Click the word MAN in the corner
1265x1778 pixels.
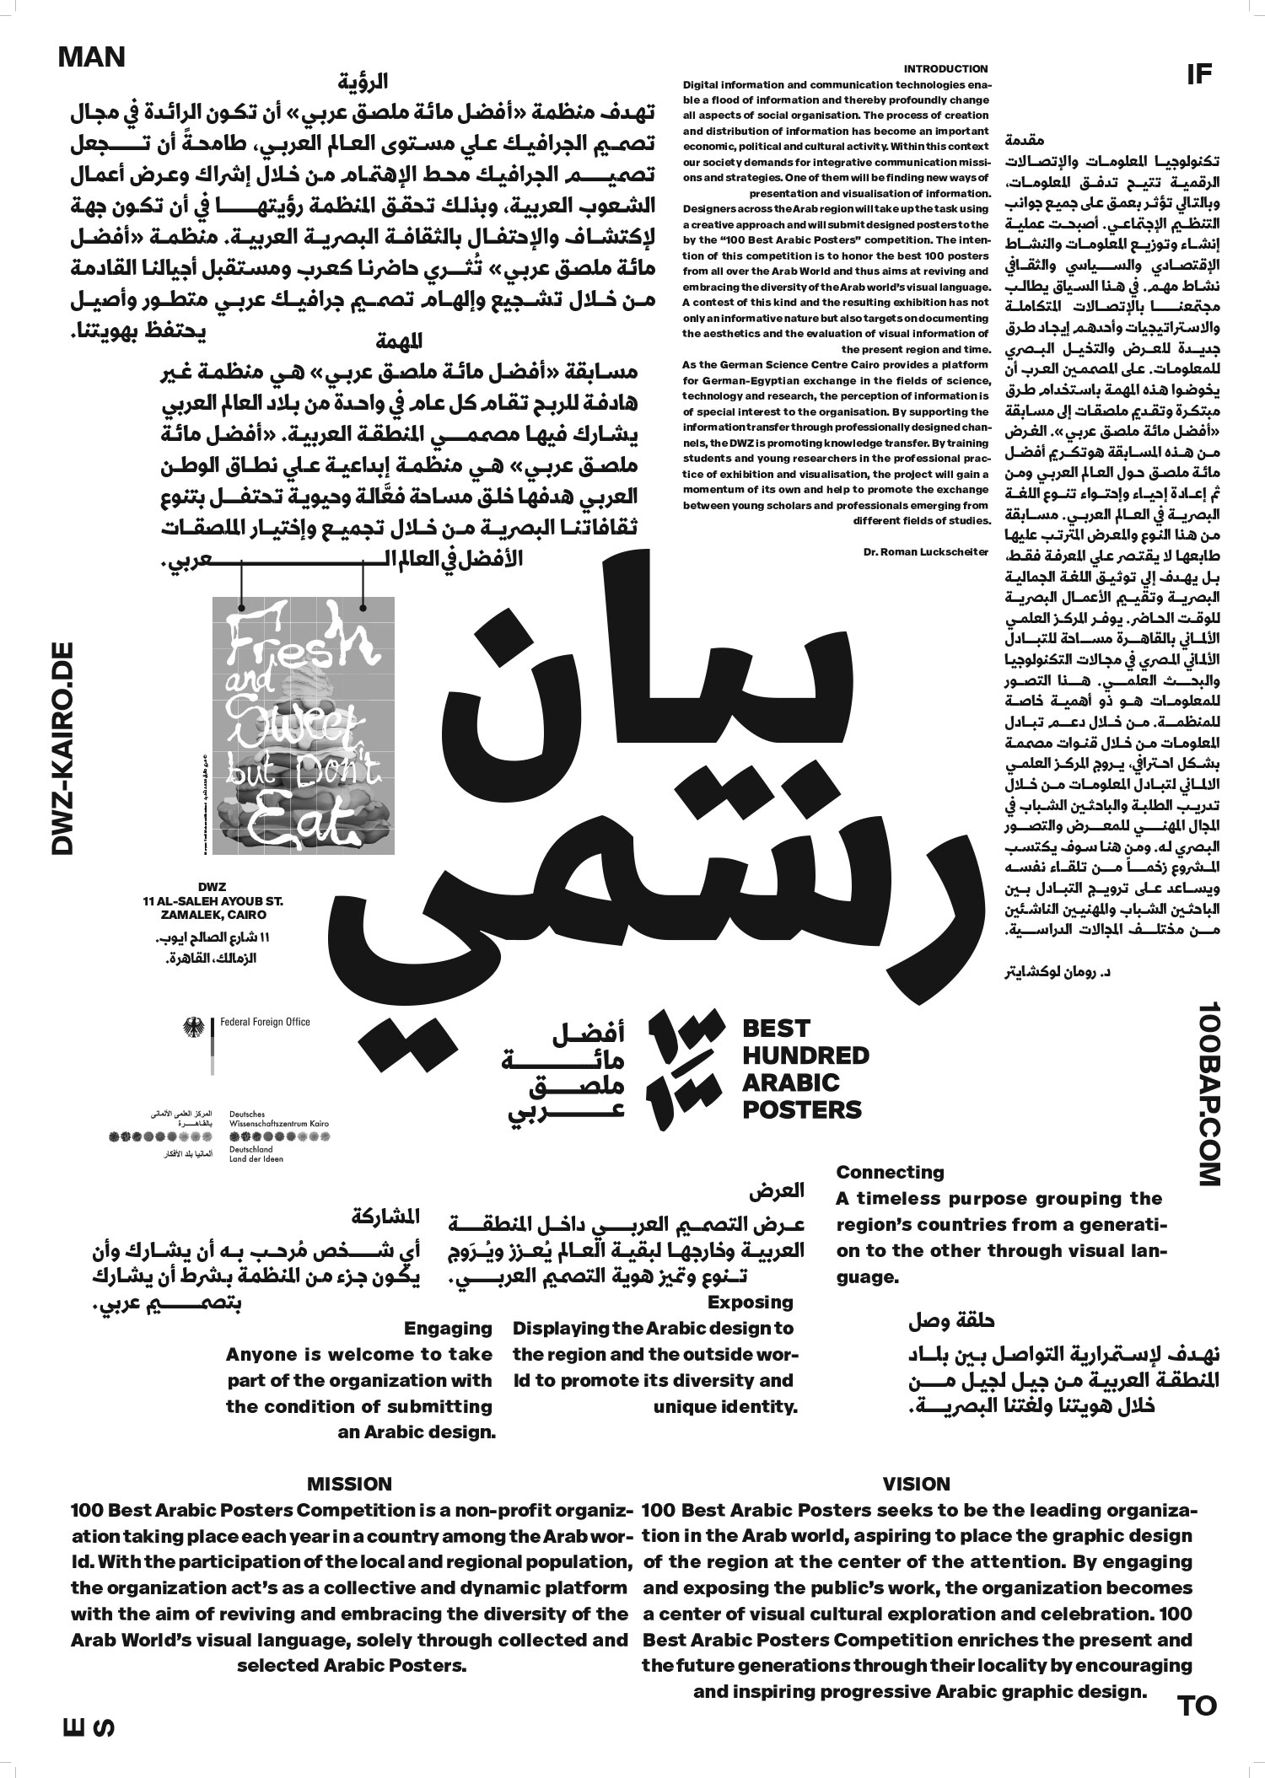pos(92,57)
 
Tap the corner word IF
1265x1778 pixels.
pos(1198,75)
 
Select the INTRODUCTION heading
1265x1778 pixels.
pos(945,69)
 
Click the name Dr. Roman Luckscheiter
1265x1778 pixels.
pos(926,551)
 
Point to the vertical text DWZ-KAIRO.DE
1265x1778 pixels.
pos(64,749)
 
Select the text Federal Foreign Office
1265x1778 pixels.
pos(265,1022)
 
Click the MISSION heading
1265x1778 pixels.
pos(349,1483)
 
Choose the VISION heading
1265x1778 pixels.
pos(916,1483)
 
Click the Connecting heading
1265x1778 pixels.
pos(890,1172)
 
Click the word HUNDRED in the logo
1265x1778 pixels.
pos(805,1055)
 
